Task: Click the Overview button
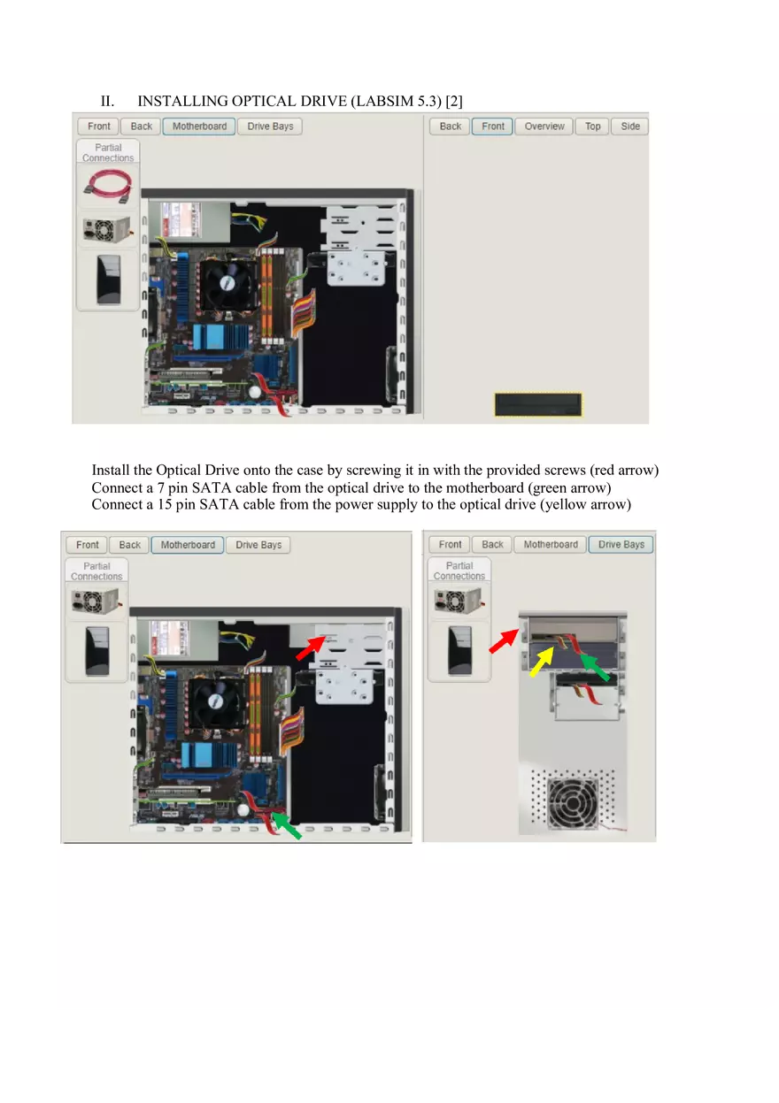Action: pyautogui.click(x=544, y=126)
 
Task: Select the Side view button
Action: pyautogui.click(x=629, y=126)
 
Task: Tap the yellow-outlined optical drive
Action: pyautogui.click(x=537, y=405)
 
